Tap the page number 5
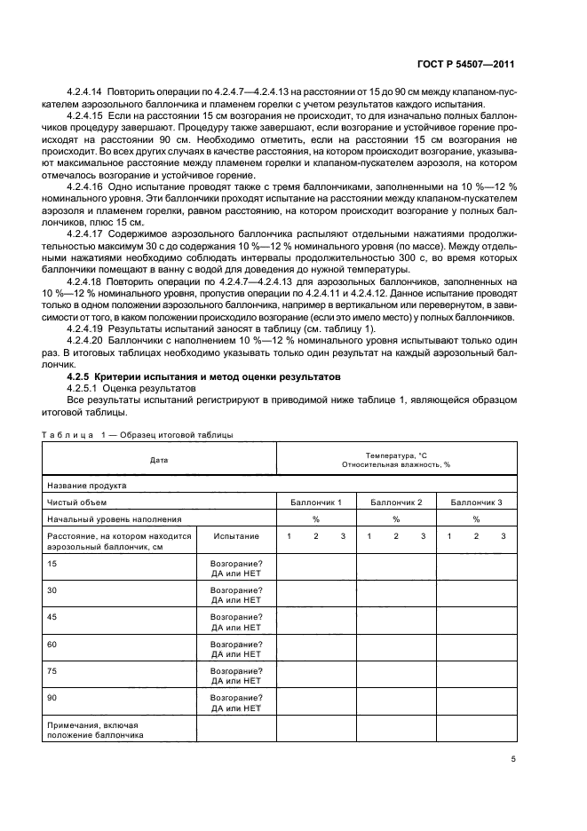(513, 759)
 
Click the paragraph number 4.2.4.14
(86, 92)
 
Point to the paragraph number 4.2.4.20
(86, 341)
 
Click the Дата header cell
(159, 460)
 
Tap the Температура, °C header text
(396, 455)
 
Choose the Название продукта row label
(86, 486)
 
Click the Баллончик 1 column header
(316, 503)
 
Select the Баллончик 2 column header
(396, 503)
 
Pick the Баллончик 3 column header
(476, 503)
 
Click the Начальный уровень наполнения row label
(114, 519)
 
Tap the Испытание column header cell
(236, 536)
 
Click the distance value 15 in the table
(52, 564)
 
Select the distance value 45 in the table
(52, 617)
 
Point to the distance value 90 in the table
(52, 698)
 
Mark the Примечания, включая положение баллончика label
(94, 730)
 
